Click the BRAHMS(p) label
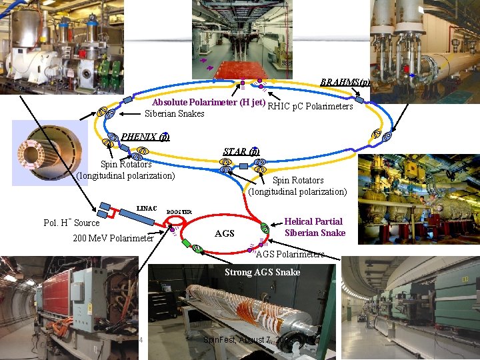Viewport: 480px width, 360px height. click(345, 83)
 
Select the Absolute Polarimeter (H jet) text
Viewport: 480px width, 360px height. click(209, 103)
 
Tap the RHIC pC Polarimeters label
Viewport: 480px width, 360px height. click(310, 105)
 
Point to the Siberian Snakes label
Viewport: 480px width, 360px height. click(174, 114)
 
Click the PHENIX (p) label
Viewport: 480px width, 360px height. click(145, 137)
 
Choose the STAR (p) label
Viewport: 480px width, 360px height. click(241, 151)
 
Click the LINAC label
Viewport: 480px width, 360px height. click(147, 208)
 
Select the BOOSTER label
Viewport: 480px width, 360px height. click(179, 212)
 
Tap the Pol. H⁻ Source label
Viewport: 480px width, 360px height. click(71, 223)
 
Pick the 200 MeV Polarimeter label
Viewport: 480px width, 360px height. click(113, 238)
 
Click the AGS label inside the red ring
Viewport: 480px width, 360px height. click(225, 233)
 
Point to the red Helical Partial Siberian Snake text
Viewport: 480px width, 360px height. click(313, 227)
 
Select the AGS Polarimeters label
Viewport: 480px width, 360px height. click(290, 254)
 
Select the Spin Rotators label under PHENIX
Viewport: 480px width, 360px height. click(125, 170)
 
